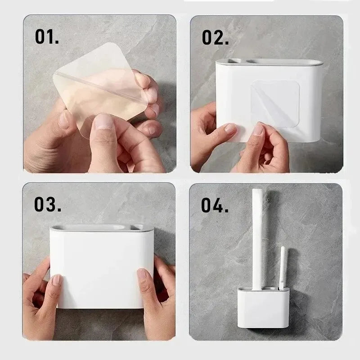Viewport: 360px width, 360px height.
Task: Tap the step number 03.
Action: click(47, 204)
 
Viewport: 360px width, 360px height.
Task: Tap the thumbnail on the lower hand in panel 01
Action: click(105, 121)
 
